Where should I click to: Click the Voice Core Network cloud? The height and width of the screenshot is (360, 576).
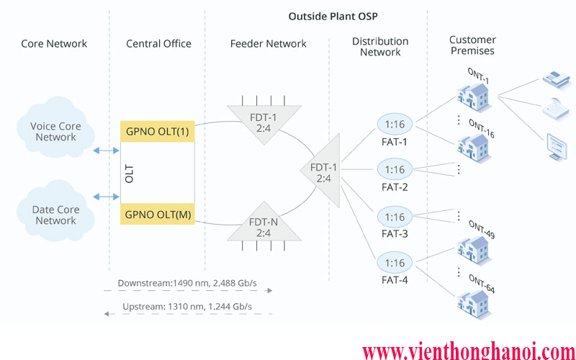55,131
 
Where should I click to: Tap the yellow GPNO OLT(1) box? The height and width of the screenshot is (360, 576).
157,132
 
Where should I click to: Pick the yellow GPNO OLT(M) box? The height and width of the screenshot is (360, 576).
157,215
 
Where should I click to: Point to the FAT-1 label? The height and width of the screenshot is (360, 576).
395,142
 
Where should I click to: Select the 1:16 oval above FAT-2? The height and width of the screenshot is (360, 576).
395,170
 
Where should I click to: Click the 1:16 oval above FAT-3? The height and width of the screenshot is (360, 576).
395,217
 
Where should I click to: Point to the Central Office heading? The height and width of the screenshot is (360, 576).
158,44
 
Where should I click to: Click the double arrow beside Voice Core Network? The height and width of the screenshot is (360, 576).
107,151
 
